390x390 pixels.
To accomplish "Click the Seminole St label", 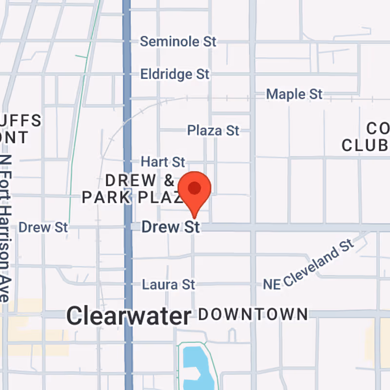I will click(178, 41).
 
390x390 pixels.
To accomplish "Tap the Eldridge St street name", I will click(175, 74).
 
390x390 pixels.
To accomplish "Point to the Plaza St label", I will click(213, 131).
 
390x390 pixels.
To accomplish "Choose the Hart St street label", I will click(163, 161).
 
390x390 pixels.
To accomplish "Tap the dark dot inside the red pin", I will click(195, 188).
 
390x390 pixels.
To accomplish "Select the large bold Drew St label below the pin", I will click(171, 227).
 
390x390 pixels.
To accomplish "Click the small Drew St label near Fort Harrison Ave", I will click(43, 227).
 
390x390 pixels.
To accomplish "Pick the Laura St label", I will click(168, 284).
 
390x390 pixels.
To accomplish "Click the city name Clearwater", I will click(129, 316).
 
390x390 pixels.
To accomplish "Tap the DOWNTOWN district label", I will click(253, 314).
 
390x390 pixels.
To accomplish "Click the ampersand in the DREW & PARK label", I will click(169, 180).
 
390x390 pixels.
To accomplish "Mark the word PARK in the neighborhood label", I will click(105, 197).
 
